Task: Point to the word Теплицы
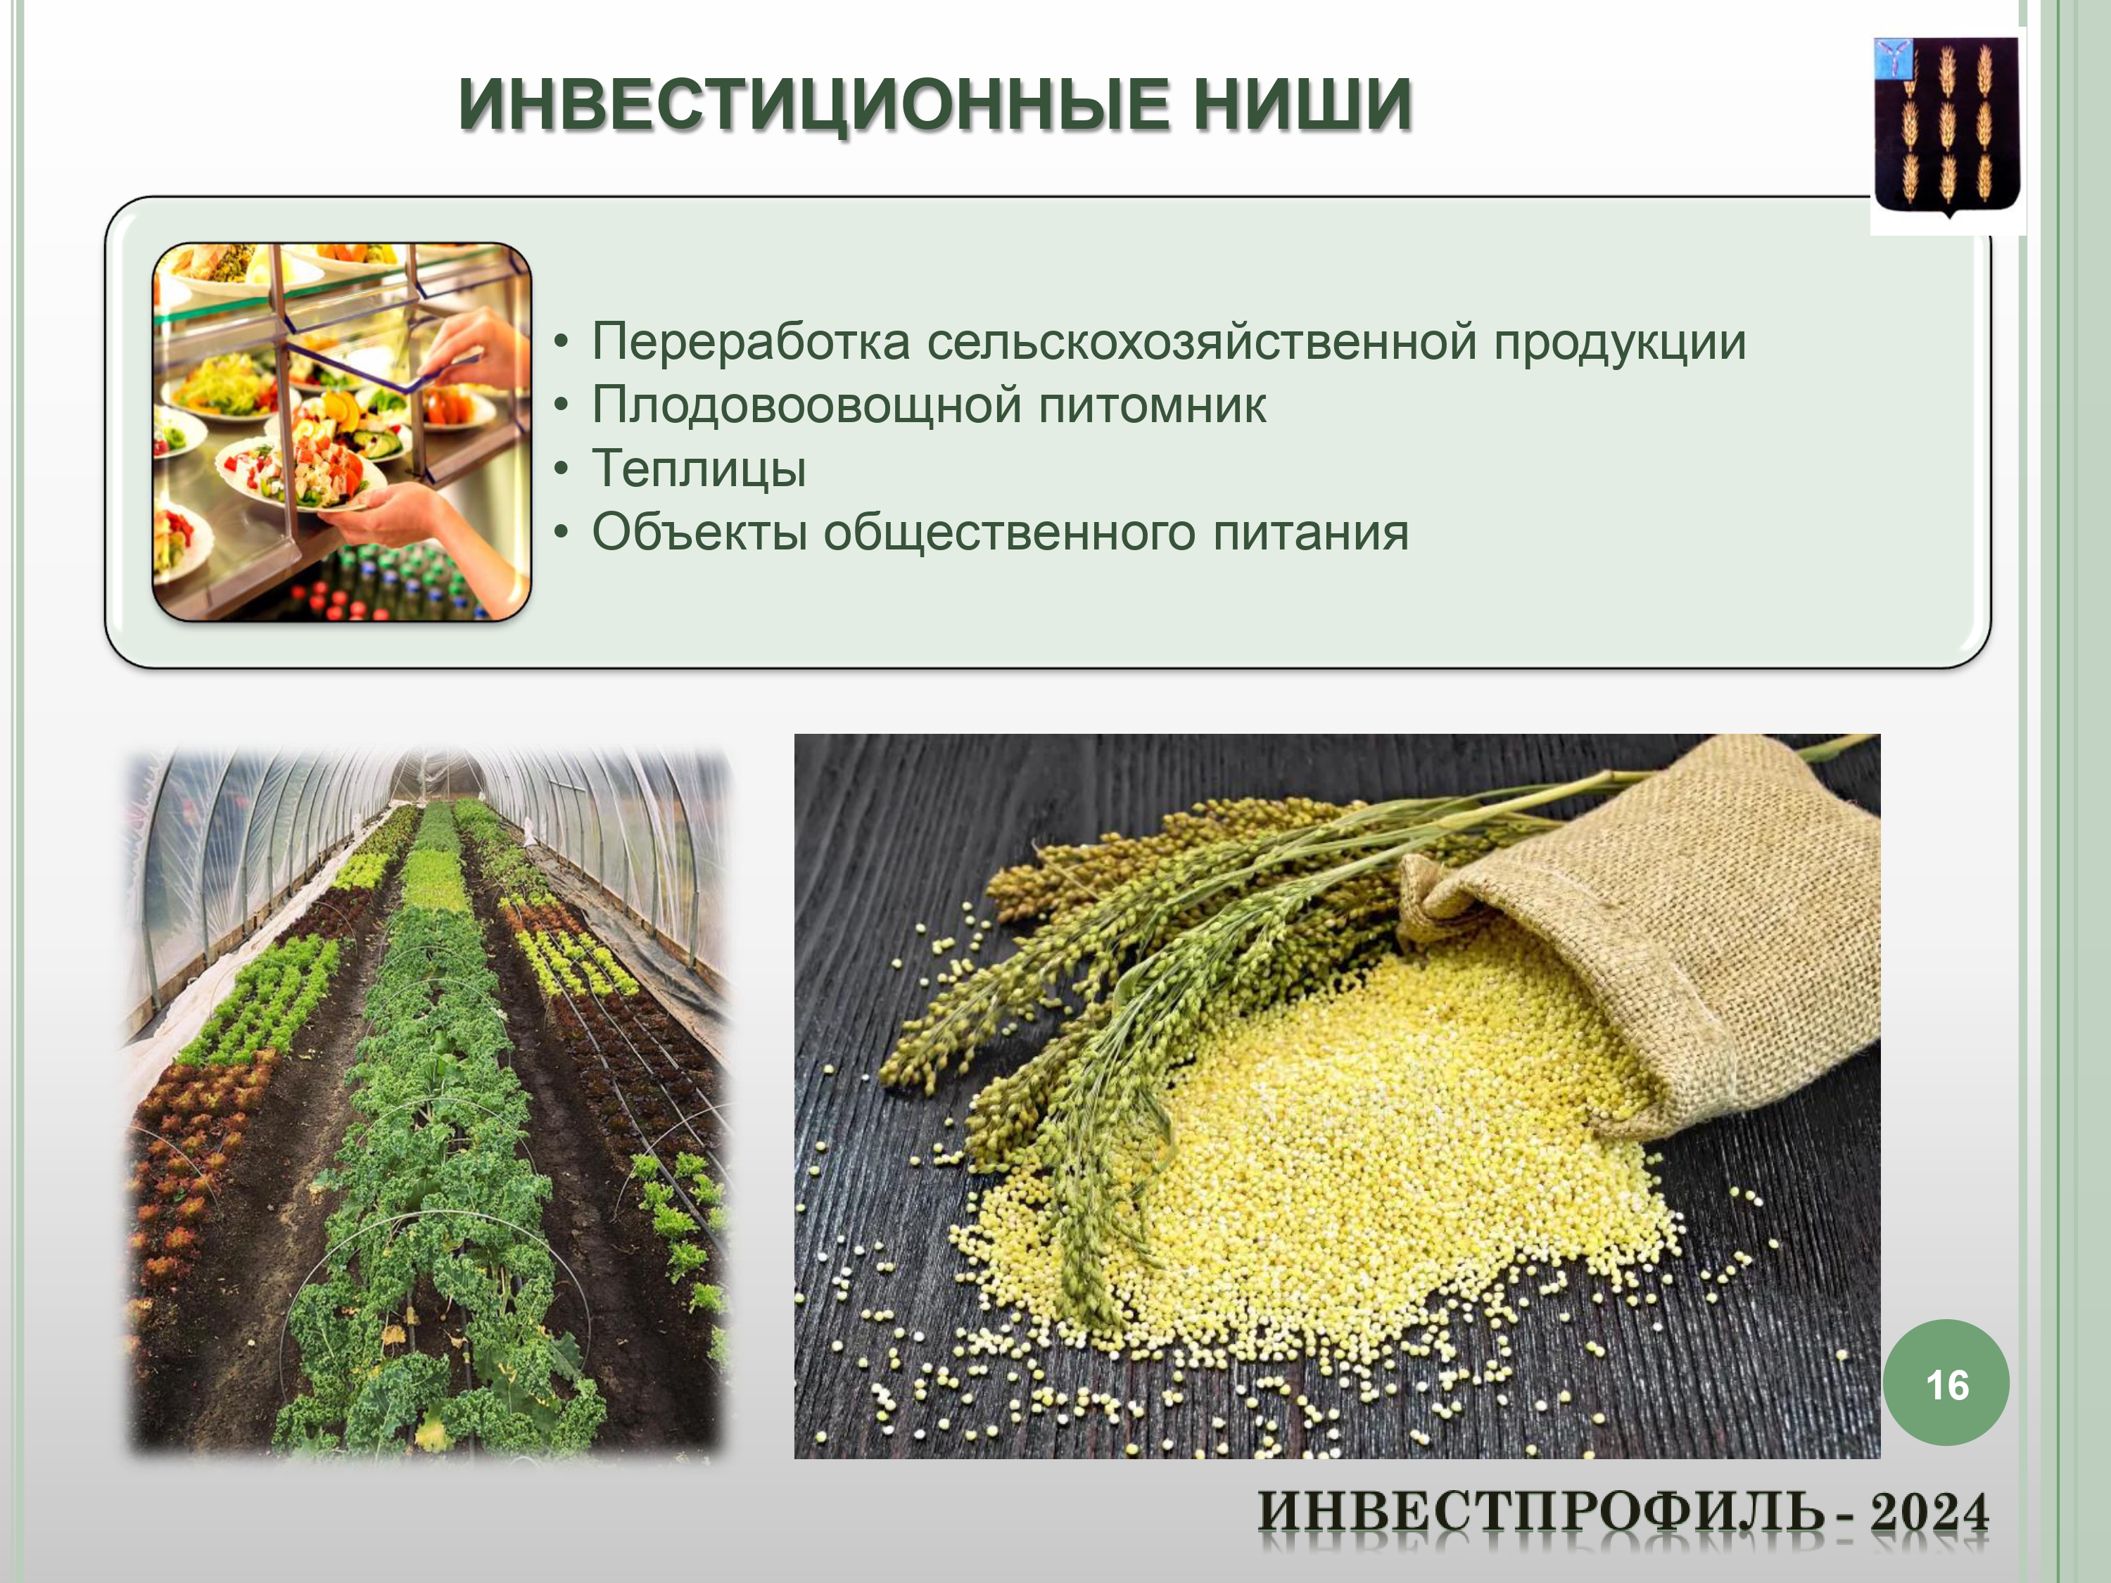point(699,469)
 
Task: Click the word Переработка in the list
point(751,343)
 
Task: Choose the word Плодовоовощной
point(807,405)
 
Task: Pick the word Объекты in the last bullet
point(699,533)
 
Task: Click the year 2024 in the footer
point(1929,1513)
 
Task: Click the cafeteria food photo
point(342,432)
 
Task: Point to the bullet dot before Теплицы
point(562,469)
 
